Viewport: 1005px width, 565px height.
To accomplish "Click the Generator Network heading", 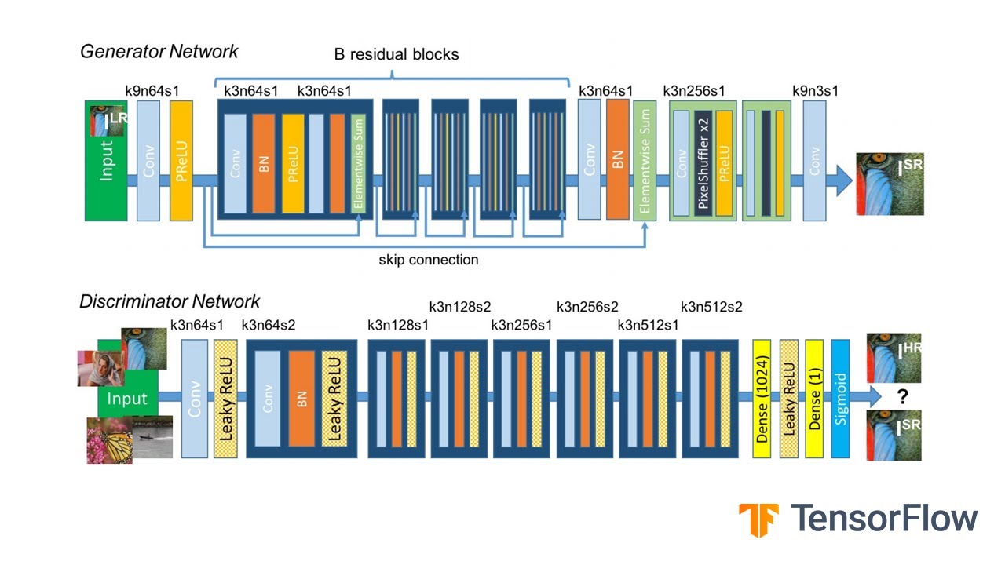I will click(x=159, y=52).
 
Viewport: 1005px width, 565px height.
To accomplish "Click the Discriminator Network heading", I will click(x=170, y=301).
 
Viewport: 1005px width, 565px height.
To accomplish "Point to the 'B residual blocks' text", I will click(x=392, y=55).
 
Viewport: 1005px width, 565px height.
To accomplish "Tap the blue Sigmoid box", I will click(x=840, y=399).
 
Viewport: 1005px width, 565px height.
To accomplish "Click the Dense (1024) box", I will click(x=762, y=399).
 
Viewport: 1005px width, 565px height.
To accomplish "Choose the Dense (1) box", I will click(x=814, y=399).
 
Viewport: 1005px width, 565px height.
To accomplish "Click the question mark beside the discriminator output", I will click(x=903, y=398).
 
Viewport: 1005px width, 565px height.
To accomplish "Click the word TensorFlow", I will click(x=884, y=519).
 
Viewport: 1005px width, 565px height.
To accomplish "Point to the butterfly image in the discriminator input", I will click(x=109, y=440).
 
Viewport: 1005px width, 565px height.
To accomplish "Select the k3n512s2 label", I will click(x=711, y=307).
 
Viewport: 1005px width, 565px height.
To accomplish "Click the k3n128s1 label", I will click(x=398, y=324).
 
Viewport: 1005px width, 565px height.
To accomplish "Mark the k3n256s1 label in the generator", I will click(x=694, y=90).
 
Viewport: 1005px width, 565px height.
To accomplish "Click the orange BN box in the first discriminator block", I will click(x=301, y=399).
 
